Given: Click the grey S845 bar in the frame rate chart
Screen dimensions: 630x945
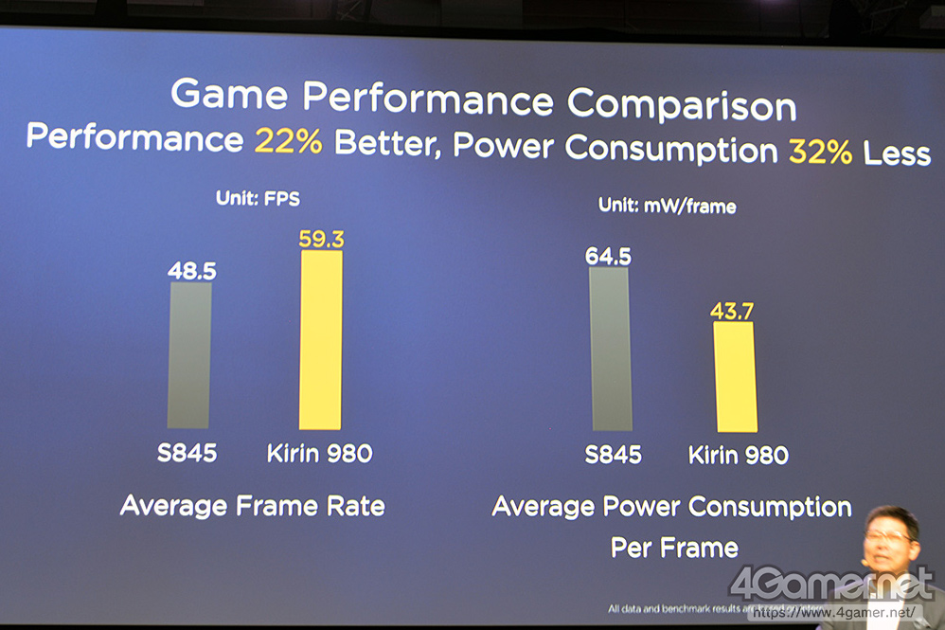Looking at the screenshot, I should point(189,354).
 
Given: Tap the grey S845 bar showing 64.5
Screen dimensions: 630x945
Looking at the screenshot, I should point(610,349).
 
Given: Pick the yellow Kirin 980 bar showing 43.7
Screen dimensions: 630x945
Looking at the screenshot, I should point(736,377).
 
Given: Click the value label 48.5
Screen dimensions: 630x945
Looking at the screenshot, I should point(192,271).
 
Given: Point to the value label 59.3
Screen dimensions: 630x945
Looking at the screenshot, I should point(321,240).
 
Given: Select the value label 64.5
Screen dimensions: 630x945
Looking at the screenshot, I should point(608,256).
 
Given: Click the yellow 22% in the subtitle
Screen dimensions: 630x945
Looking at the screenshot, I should point(288,141).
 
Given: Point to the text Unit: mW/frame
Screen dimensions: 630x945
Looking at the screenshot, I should point(667,205).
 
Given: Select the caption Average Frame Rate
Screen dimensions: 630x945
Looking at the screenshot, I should point(253,506).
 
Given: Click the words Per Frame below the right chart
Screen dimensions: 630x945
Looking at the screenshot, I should point(674,548).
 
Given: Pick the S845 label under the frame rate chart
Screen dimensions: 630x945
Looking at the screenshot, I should point(187,453).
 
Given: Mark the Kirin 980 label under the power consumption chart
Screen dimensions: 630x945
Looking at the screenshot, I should point(738,456).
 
